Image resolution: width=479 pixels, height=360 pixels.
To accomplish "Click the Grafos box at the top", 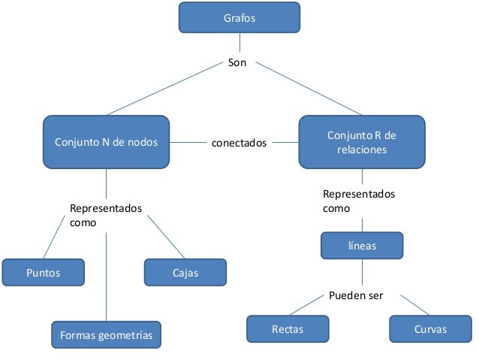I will pyautogui.click(x=239, y=17).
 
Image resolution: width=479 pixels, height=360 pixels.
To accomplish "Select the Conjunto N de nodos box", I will pyautogui.click(x=106, y=141).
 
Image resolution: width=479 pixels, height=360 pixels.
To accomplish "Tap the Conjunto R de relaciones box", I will pyautogui.click(x=361, y=141).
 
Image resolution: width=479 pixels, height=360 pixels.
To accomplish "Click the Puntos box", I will pyautogui.click(x=43, y=273).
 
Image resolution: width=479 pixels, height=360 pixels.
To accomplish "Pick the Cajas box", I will pyautogui.click(x=184, y=273).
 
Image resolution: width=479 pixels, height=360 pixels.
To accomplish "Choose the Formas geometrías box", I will pyautogui.click(x=106, y=335).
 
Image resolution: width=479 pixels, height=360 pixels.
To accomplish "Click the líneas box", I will pyautogui.click(x=361, y=246).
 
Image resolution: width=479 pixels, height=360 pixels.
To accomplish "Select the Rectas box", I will pyautogui.click(x=288, y=329).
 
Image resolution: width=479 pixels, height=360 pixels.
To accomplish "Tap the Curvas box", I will pyautogui.click(x=429, y=329).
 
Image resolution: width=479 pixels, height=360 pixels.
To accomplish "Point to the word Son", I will pyautogui.click(x=236, y=63).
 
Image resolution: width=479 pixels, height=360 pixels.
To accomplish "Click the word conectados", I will pyautogui.click(x=239, y=142).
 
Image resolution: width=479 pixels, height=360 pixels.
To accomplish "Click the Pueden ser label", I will pyautogui.click(x=356, y=295).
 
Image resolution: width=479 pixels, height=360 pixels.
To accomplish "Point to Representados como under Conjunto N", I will pyautogui.click(x=104, y=215).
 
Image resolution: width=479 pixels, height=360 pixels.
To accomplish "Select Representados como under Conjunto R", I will pyautogui.click(x=358, y=201).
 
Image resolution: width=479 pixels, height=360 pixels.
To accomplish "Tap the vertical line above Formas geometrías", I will pyautogui.click(x=106, y=278).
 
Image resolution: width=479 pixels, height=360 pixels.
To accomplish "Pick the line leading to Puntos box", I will pyautogui.click(x=54, y=237).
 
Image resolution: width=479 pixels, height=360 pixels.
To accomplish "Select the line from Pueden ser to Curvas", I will pyautogui.click(x=414, y=305).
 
